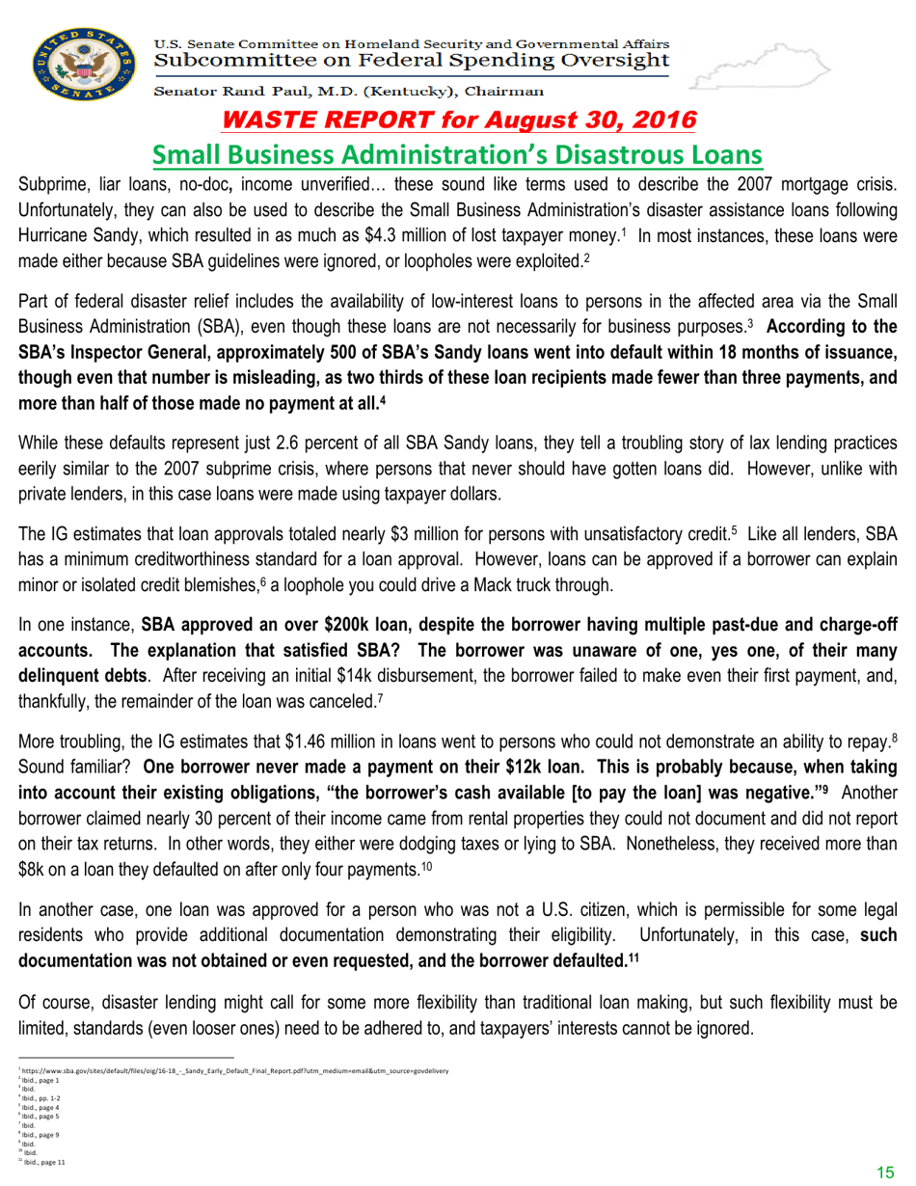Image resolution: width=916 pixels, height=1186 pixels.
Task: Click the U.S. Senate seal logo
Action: tap(78, 67)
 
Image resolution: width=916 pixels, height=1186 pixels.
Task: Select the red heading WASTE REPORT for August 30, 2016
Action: tap(458, 121)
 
